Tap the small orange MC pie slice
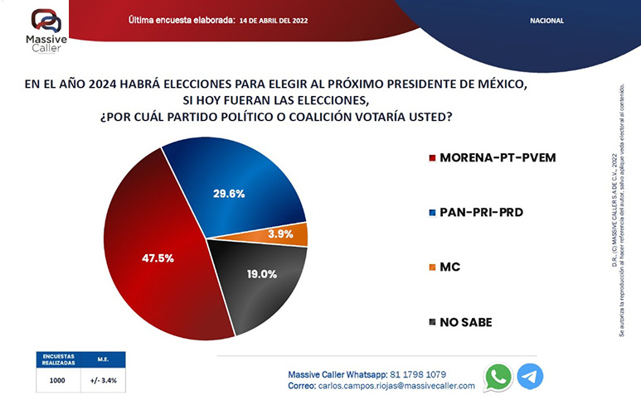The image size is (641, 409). point(299,234)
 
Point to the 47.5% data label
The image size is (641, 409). point(158,258)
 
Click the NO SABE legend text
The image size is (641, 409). point(466,322)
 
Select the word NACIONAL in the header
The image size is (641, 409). point(546,20)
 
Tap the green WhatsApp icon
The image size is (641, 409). point(498,377)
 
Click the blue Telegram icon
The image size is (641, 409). point(530,377)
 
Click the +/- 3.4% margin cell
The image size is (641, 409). point(102,380)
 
